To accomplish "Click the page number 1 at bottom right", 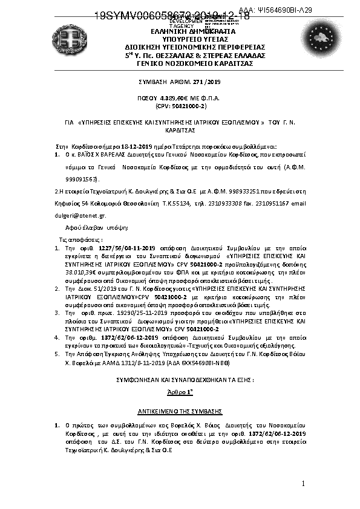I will tap(303, 484).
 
